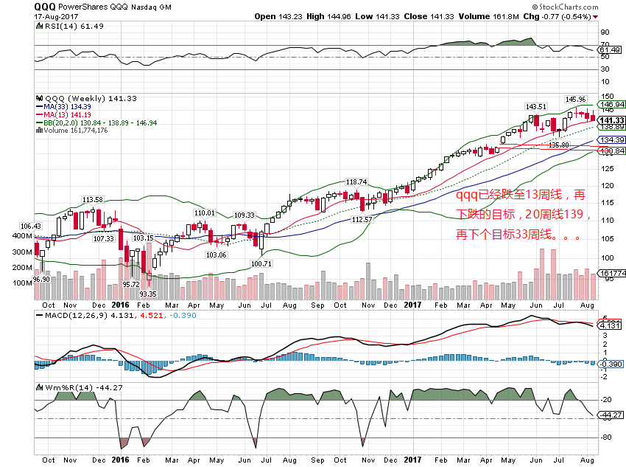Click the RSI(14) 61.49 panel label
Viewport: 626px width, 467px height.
[64, 26]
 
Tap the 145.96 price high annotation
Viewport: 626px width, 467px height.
[574, 99]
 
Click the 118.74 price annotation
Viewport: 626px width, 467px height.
[356, 181]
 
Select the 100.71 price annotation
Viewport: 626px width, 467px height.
[262, 263]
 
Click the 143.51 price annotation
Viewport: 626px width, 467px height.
[535, 106]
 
